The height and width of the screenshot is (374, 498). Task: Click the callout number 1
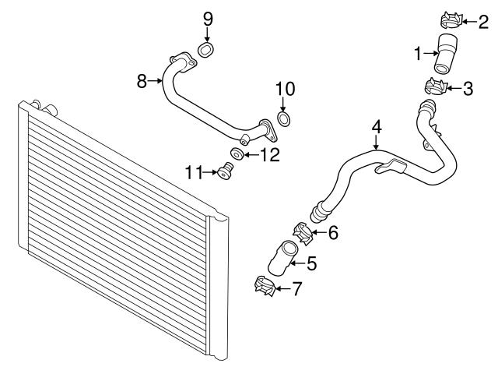418,54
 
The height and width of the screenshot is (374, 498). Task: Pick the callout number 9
208,18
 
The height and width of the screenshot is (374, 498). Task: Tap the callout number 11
193,171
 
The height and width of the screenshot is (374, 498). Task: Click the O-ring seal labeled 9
207,51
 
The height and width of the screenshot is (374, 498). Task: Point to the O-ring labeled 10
285,119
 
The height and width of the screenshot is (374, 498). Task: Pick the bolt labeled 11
226,171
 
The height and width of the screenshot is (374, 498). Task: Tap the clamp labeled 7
266,286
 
